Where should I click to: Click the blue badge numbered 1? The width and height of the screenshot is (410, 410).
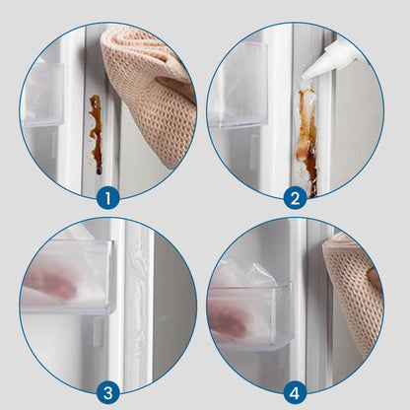[x=108, y=198]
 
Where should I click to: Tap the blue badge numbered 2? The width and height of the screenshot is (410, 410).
[x=295, y=198]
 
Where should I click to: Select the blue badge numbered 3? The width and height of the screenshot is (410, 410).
[x=108, y=392]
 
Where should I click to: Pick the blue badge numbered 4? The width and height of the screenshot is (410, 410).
[x=295, y=392]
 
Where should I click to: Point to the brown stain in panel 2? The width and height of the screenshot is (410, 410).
[x=307, y=141]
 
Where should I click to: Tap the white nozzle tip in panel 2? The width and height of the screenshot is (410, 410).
[x=304, y=78]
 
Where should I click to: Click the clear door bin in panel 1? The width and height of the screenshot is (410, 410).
[x=41, y=95]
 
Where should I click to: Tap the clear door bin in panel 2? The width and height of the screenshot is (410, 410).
[x=239, y=86]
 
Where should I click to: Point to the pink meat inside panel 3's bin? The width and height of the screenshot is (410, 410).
[x=51, y=284]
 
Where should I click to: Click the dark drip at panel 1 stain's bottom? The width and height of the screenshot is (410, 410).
[x=99, y=171]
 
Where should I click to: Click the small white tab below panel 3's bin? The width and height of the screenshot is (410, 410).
[x=98, y=332]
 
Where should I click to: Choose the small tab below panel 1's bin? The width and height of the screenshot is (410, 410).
[x=54, y=145]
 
